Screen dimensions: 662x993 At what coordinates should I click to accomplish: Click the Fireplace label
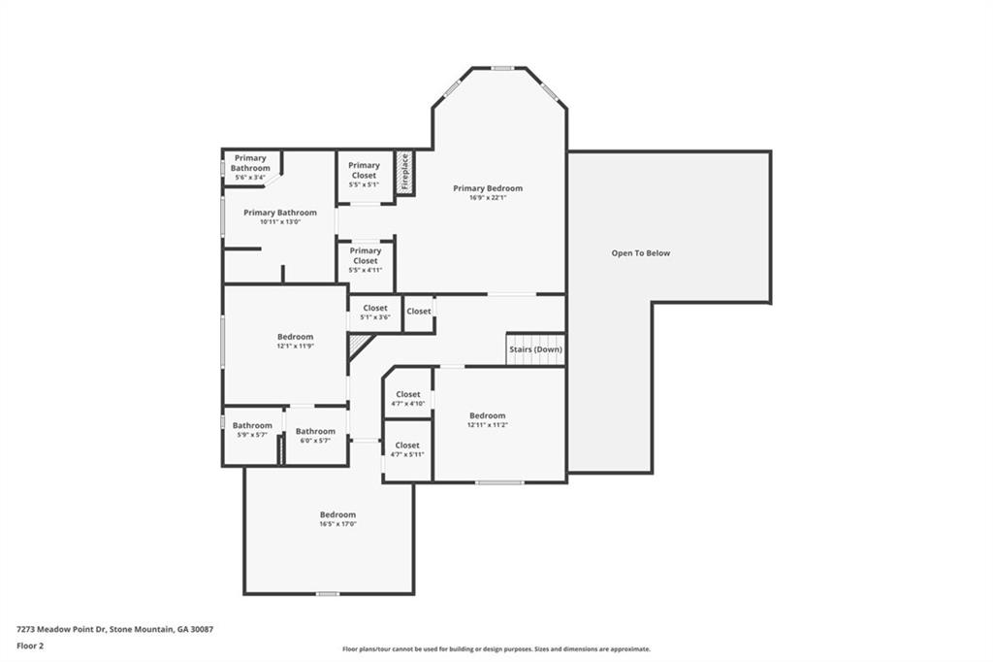tap(404, 173)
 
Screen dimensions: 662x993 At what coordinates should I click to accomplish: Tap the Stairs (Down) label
tap(535, 349)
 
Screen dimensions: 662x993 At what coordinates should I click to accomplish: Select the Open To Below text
tap(640, 253)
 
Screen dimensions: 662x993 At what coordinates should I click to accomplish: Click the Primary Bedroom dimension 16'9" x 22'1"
tap(488, 198)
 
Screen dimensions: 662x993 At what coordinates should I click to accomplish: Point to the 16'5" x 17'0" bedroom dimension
tap(337, 524)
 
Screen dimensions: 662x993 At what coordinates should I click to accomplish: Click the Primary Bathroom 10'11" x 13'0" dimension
tap(280, 222)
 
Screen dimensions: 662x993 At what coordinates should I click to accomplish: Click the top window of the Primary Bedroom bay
tap(501, 68)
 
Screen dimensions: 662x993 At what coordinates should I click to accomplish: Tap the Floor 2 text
tap(30, 645)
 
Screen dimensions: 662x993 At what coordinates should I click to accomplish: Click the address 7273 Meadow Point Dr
tap(114, 629)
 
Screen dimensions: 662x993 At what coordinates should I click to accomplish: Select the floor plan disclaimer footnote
tap(496, 649)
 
